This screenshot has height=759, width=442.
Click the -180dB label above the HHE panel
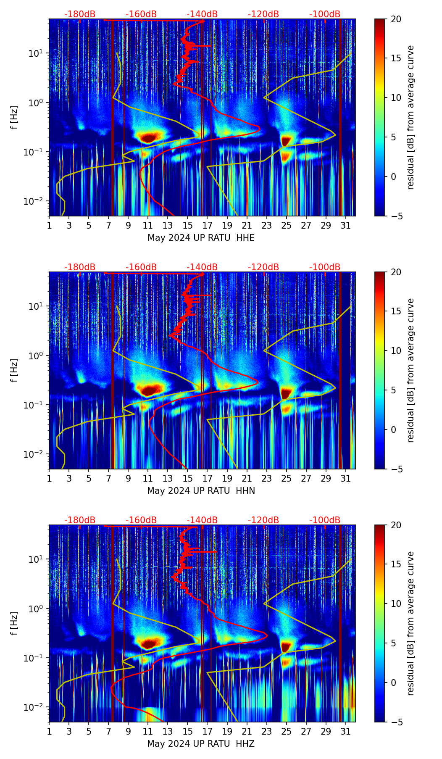point(80,14)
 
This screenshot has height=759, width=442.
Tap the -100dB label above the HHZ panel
point(325,520)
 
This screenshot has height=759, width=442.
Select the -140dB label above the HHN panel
point(202,267)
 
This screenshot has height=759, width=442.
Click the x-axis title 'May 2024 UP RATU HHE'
point(201,238)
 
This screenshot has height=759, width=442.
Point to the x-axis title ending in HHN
point(201,491)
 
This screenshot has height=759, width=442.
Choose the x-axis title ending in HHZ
point(201,744)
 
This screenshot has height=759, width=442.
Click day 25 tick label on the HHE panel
point(287,226)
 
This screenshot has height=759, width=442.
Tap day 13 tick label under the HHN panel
point(168,479)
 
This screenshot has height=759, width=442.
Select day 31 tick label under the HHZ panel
point(346,732)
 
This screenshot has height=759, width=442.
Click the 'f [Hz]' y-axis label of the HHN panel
point(15,370)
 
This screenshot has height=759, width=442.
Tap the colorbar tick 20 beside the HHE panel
point(396,19)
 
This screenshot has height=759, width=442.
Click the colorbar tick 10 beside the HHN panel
point(396,351)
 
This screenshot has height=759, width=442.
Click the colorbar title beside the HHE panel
point(411,117)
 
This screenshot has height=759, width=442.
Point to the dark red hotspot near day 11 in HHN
point(150,390)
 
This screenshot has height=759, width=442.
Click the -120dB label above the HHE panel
point(263,14)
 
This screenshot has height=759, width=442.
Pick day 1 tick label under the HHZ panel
point(49,732)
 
